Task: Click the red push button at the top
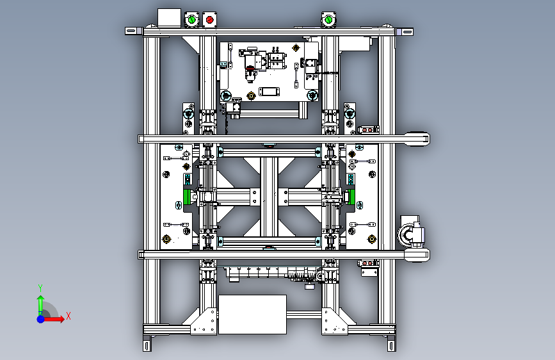209,20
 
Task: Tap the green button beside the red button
192,20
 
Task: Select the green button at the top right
328,19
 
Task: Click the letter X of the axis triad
68,316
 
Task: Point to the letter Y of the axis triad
40,288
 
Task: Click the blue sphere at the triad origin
41,319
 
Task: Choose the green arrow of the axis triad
41,305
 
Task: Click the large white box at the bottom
252,315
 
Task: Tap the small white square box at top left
169,18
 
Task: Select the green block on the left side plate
186,197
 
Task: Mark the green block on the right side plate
351,197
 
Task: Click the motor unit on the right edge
412,233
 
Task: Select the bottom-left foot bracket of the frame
147,343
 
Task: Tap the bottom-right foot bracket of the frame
392,343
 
